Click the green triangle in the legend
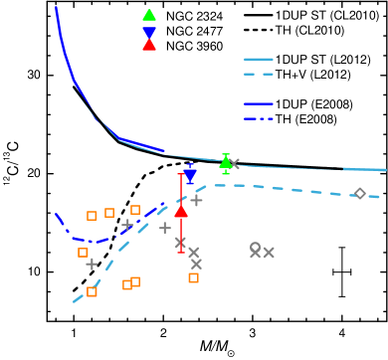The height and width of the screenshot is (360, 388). [149, 15]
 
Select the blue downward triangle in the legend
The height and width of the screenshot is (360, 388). [149, 32]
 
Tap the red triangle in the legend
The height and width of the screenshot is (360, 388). [149, 45]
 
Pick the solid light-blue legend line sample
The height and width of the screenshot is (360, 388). [259, 60]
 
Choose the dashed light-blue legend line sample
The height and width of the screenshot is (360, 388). [259, 74]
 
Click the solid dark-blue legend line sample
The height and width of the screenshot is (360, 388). [259, 103]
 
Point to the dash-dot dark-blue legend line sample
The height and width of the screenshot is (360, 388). [259, 118]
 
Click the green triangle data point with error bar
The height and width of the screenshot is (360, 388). [226, 162]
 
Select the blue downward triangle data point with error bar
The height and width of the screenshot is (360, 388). [190, 175]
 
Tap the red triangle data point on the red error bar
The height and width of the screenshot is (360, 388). [181, 211]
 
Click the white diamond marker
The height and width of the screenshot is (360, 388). [360, 193]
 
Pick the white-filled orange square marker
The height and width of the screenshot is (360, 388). [127, 284]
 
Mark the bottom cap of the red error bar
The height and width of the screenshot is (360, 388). [181, 252]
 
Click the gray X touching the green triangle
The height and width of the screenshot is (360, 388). [234, 164]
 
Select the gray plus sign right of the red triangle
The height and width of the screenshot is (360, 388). [196, 200]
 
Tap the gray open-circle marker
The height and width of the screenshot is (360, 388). [256, 247]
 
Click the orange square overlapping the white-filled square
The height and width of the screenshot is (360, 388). [135, 281]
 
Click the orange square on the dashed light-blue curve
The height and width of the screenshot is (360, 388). [92, 291]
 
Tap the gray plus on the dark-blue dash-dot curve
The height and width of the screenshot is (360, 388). [127, 226]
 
